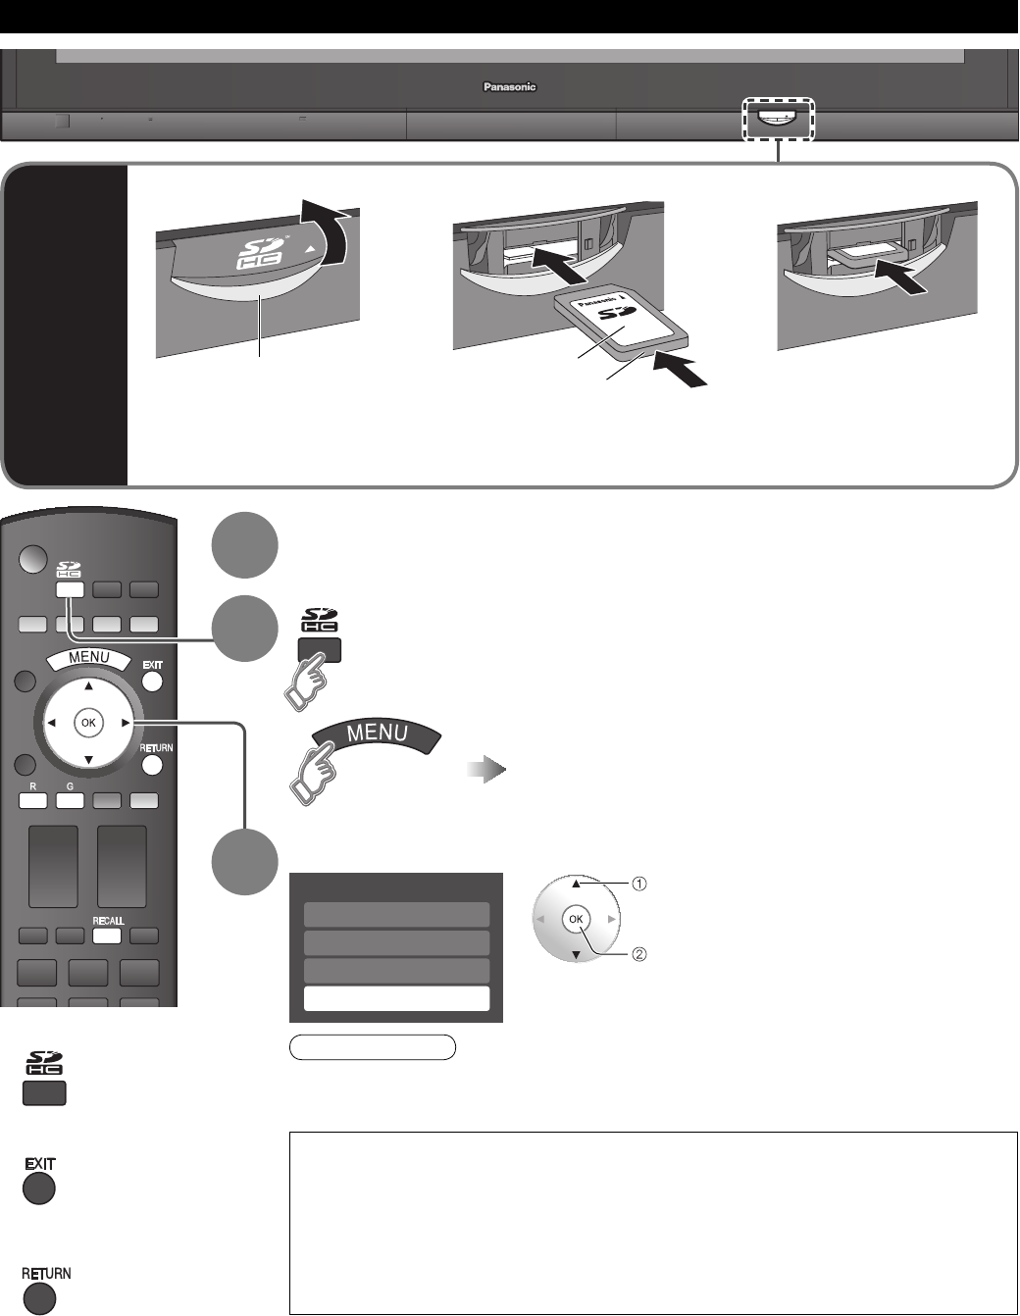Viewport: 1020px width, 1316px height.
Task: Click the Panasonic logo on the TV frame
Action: [510, 86]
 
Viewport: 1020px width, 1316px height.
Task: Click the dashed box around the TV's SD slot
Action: [779, 119]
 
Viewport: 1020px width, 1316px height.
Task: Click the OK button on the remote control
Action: [88, 723]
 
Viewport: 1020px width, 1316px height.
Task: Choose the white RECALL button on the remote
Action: [107, 935]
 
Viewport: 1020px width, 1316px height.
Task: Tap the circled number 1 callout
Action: [638, 884]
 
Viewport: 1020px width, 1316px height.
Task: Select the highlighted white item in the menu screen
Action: [396, 998]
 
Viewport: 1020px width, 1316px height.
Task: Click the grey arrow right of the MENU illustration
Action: [486, 771]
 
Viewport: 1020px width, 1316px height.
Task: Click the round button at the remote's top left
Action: [32, 559]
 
